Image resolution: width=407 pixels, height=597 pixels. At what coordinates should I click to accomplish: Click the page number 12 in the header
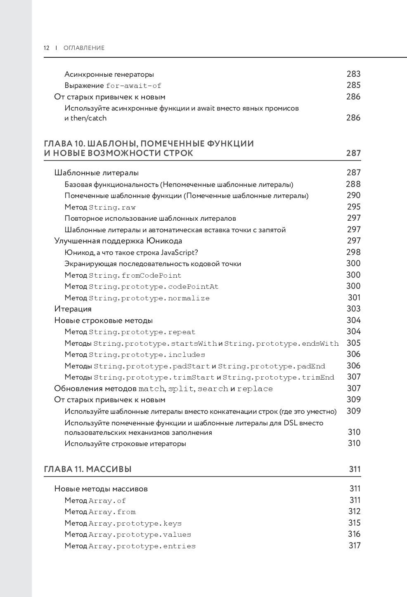point(46,48)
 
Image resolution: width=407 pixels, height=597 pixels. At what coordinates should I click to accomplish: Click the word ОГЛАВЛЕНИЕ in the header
point(84,48)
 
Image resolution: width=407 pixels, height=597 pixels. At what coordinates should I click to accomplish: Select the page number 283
point(353,74)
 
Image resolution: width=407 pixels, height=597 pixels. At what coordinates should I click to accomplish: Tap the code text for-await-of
point(134,86)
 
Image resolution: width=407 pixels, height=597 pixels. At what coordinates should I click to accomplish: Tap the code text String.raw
point(112,208)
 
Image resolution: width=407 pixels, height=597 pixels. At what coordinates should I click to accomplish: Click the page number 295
point(354,207)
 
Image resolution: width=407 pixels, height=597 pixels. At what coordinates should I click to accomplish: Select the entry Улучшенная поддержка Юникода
point(118,241)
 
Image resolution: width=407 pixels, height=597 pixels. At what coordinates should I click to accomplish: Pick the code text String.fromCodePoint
point(135,276)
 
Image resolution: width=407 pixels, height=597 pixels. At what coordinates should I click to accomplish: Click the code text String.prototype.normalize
point(149,298)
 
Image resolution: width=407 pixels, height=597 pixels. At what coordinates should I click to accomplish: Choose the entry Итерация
point(73,309)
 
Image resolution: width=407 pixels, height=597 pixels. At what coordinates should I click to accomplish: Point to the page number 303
point(354,309)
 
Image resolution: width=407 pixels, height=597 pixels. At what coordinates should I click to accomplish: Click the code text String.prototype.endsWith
point(281,344)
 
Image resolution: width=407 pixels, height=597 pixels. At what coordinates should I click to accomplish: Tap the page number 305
point(354,343)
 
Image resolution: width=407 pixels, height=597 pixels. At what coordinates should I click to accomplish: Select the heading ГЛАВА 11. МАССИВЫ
point(88,469)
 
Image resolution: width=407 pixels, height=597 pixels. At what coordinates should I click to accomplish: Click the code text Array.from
point(112,512)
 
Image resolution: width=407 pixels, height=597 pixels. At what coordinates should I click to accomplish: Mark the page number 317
point(355,545)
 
